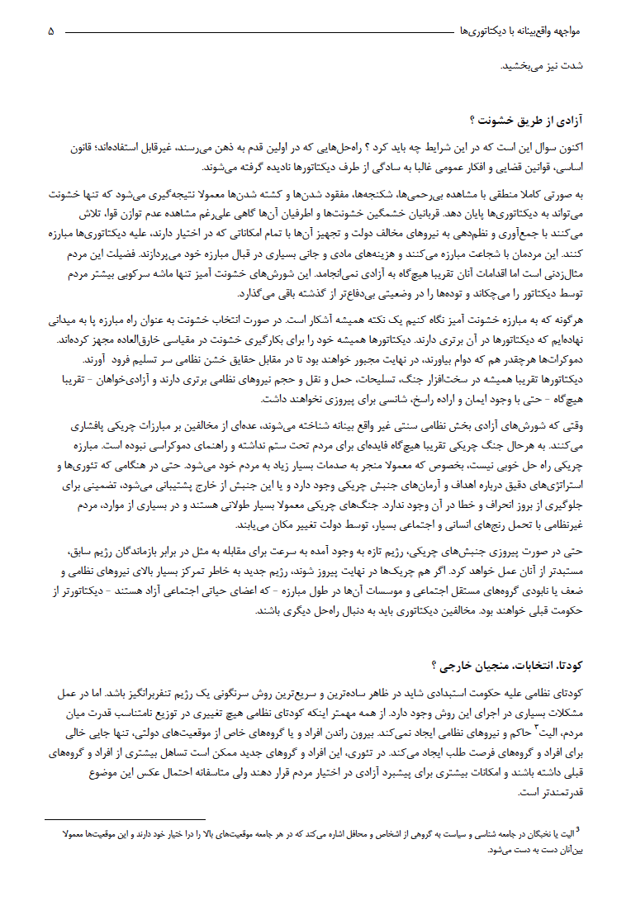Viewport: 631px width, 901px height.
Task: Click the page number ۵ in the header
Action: tap(51, 31)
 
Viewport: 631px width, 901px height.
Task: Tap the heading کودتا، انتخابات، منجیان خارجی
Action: tap(512, 666)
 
